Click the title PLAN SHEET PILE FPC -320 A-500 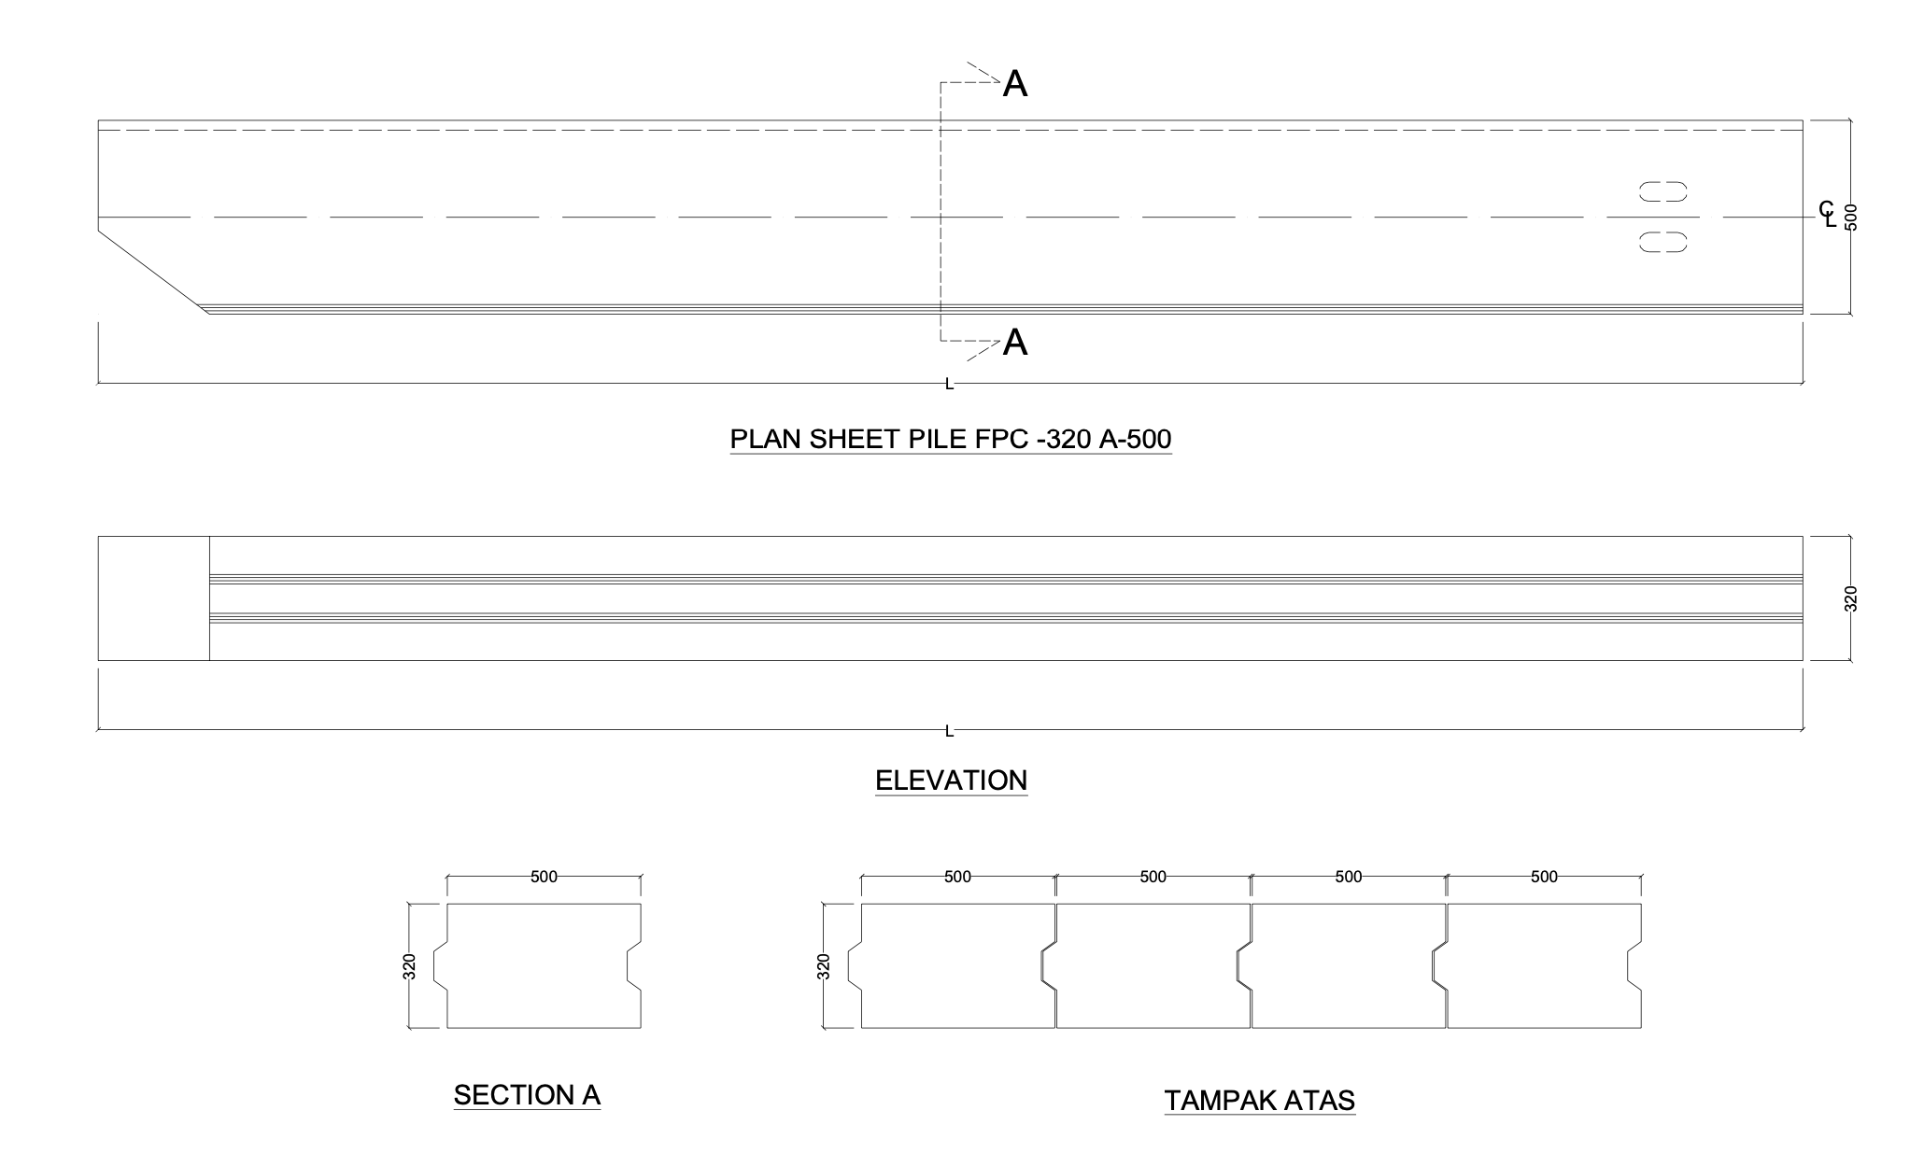950,439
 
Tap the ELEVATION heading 951,780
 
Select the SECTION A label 527,1095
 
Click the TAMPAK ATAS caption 1259,1101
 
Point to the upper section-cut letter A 1015,85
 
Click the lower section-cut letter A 1015,344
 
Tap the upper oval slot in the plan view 1663,191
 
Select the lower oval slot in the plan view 1663,243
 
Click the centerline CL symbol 1827,214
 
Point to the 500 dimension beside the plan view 1851,217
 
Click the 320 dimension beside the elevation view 1851,598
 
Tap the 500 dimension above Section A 544,877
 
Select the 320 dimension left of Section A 409,966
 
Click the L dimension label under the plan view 950,384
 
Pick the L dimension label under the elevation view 950,731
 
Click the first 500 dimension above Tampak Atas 957,877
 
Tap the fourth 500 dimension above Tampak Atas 1544,877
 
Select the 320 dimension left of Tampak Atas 823,966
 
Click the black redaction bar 343,1143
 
